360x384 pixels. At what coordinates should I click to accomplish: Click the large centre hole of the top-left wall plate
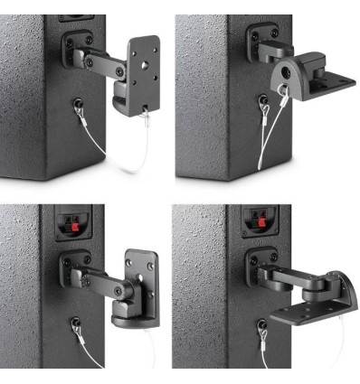coord(143,65)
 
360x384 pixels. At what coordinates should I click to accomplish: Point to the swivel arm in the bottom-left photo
coord(99,276)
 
